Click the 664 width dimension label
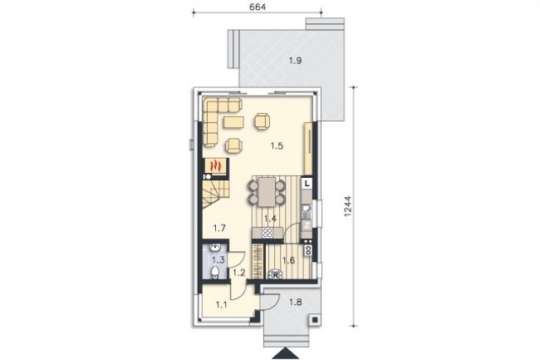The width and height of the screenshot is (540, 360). tap(258, 7)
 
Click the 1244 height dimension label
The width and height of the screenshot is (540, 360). tap(348, 206)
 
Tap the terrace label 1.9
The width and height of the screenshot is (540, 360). tap(295, 61)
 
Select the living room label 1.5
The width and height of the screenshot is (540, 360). tap(277, 145)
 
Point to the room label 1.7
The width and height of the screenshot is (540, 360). tap(219, 228)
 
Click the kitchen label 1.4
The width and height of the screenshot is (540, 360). tap(270, 218)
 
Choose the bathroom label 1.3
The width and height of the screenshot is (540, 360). tap(218, 259)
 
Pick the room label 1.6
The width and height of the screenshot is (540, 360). tap(288, 260)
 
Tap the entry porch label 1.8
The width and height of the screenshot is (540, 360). tap(295, 302)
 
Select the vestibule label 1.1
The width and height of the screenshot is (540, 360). tap(221, 304)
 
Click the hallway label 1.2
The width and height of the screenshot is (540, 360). tap(238, 273)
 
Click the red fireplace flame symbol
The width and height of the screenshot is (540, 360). tap(216, 166)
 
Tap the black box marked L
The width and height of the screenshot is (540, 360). tap(307, 183)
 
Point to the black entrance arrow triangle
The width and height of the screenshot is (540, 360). tap(285, 353)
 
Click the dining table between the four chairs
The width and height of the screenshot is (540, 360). tap(267, 191)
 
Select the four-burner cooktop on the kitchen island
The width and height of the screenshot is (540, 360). tap(268, 234)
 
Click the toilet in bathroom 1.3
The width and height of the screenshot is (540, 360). tap(214, 272)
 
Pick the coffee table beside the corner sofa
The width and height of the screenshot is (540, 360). tap(233, 122)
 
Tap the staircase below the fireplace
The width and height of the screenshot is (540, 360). tap(214, 195)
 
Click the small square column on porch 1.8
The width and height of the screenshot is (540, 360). tap(314, 320)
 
